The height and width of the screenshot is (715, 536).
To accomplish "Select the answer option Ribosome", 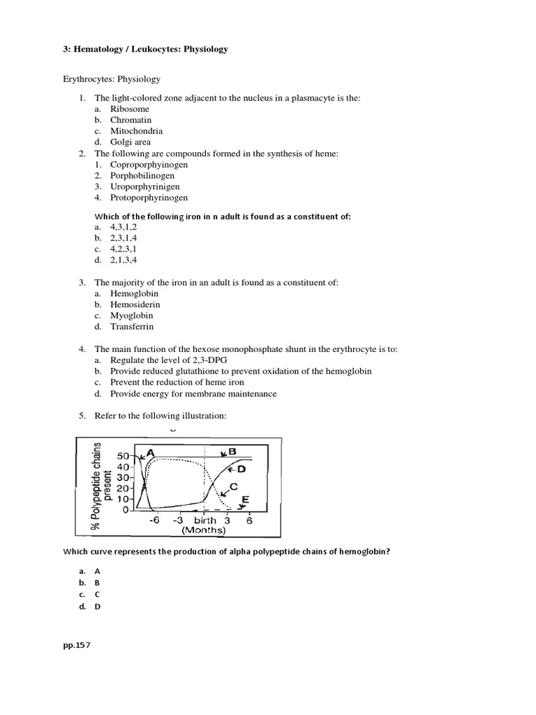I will pyautogui.click(x=129, y=109).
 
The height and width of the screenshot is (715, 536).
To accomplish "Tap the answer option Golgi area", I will pyautogui.click(x=131, y=142).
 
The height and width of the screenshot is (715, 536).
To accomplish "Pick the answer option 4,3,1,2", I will pyautogui.click(x=123, y=227).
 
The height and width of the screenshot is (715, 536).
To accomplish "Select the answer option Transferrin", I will pyautogui.click(x=132, y=326).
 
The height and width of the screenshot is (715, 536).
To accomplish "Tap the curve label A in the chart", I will pyautogui.click(x=150, y=452).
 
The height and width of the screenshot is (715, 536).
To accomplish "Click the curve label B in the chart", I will pyautogui.click(x=232, y=452).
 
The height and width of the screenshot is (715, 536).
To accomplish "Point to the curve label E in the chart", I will pyautogui.click(x=244, y=500).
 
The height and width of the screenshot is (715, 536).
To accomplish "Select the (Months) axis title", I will pyautogui.click(x=204, y=530).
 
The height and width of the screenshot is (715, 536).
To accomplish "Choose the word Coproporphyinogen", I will pyautogui.click(x=149, y=164).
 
